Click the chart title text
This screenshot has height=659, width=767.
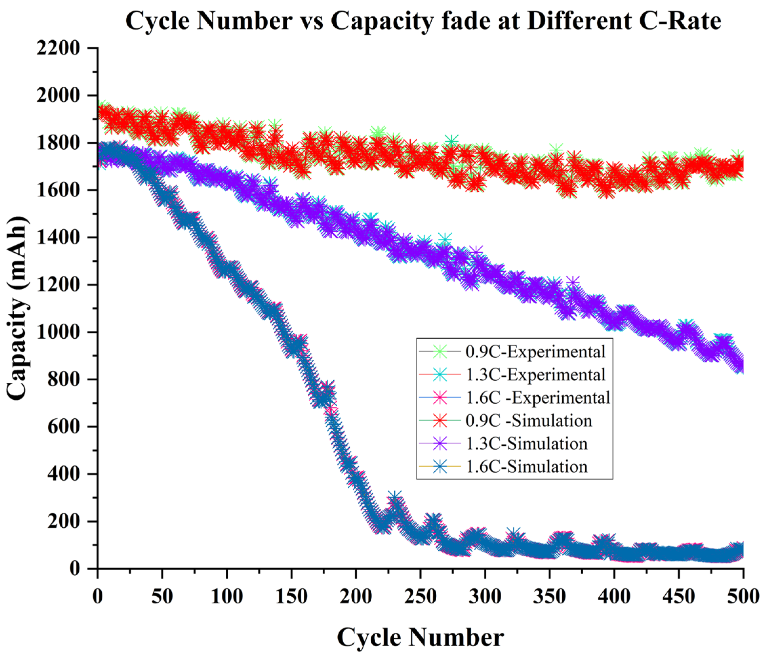423,21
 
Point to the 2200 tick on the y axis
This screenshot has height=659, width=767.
58,48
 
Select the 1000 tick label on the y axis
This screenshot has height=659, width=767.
58,332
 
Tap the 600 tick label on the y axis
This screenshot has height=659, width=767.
63,427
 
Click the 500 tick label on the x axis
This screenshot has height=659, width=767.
742,596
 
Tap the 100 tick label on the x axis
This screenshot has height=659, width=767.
227,596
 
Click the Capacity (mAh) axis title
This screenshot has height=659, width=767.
18,308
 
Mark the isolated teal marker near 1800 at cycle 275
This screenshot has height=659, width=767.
451,141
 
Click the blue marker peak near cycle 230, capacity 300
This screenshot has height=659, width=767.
395,497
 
